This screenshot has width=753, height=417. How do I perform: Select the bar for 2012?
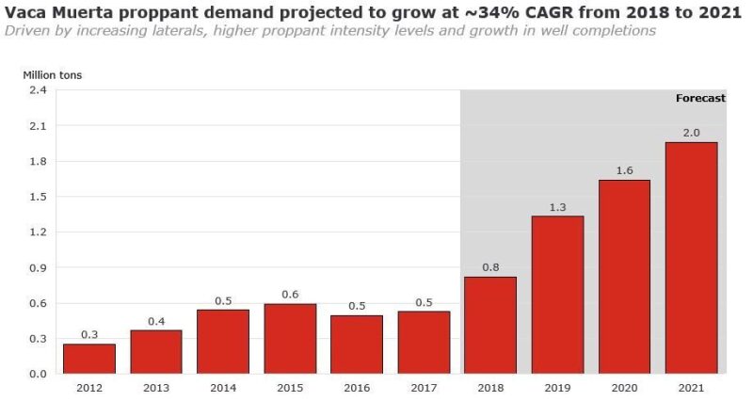(89, 359)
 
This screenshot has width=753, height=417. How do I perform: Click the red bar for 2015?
(290, 338)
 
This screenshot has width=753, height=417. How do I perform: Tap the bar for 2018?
(490, 325)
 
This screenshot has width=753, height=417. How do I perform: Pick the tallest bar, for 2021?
(691, 258)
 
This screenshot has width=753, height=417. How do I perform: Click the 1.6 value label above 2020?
(624, 170)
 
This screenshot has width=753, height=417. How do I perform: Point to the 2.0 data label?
(691, 134)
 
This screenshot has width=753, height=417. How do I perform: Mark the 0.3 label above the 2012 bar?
(89, 335)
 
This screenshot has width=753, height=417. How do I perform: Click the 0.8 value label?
(490, 267)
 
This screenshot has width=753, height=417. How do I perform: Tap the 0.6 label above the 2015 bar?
(290, 295)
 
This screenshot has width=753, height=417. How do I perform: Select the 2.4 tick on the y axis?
(38, 90)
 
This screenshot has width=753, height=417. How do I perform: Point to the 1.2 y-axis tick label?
(38, 233)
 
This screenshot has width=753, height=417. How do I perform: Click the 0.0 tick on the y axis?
(38, 374)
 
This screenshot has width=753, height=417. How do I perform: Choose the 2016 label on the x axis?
(357, 387)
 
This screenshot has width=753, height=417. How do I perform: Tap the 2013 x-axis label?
(156, 387)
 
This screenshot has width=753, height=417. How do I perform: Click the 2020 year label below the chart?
(624, 387)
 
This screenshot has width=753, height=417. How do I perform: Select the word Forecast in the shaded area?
(700, 98)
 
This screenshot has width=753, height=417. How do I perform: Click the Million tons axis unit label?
(52, 72)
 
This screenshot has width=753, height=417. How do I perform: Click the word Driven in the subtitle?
(26, 30)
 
